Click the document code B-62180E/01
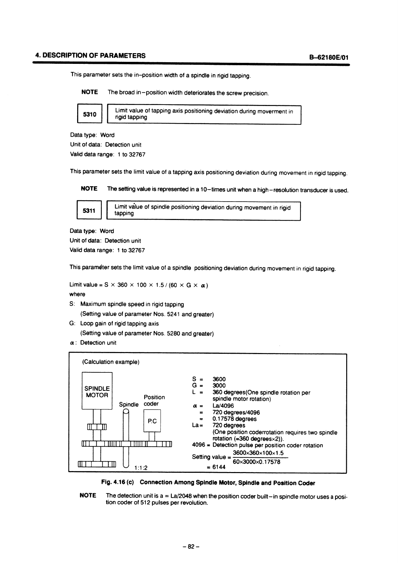pyautogui.click(x=329, y=57)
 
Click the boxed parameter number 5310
pyautogui.click(x=90, y=114)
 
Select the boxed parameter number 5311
pyautogui.click(x=89, y=210)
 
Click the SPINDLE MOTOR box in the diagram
pyautogui.click(x=97, y=391)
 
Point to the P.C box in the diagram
pyautogui.click(x=152, y=421)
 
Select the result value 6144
pyautogui.click(x=219, y=467)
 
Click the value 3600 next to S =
pyautogui.click(x=219, y=379)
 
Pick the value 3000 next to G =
pyautogui.click(x=219, y=385)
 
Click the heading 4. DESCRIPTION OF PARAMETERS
pyautogui.click(x=91, y=55)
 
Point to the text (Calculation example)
pyautogui.click(x=111, y=362)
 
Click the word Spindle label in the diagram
pyautogui.click(x=129, y=404)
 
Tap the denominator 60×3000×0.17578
pyautogui.click(x=256, y=462)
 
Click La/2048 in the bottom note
pyautogui.click(x=180, y=495)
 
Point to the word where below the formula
pyautogui.click(x=77, y=294)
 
